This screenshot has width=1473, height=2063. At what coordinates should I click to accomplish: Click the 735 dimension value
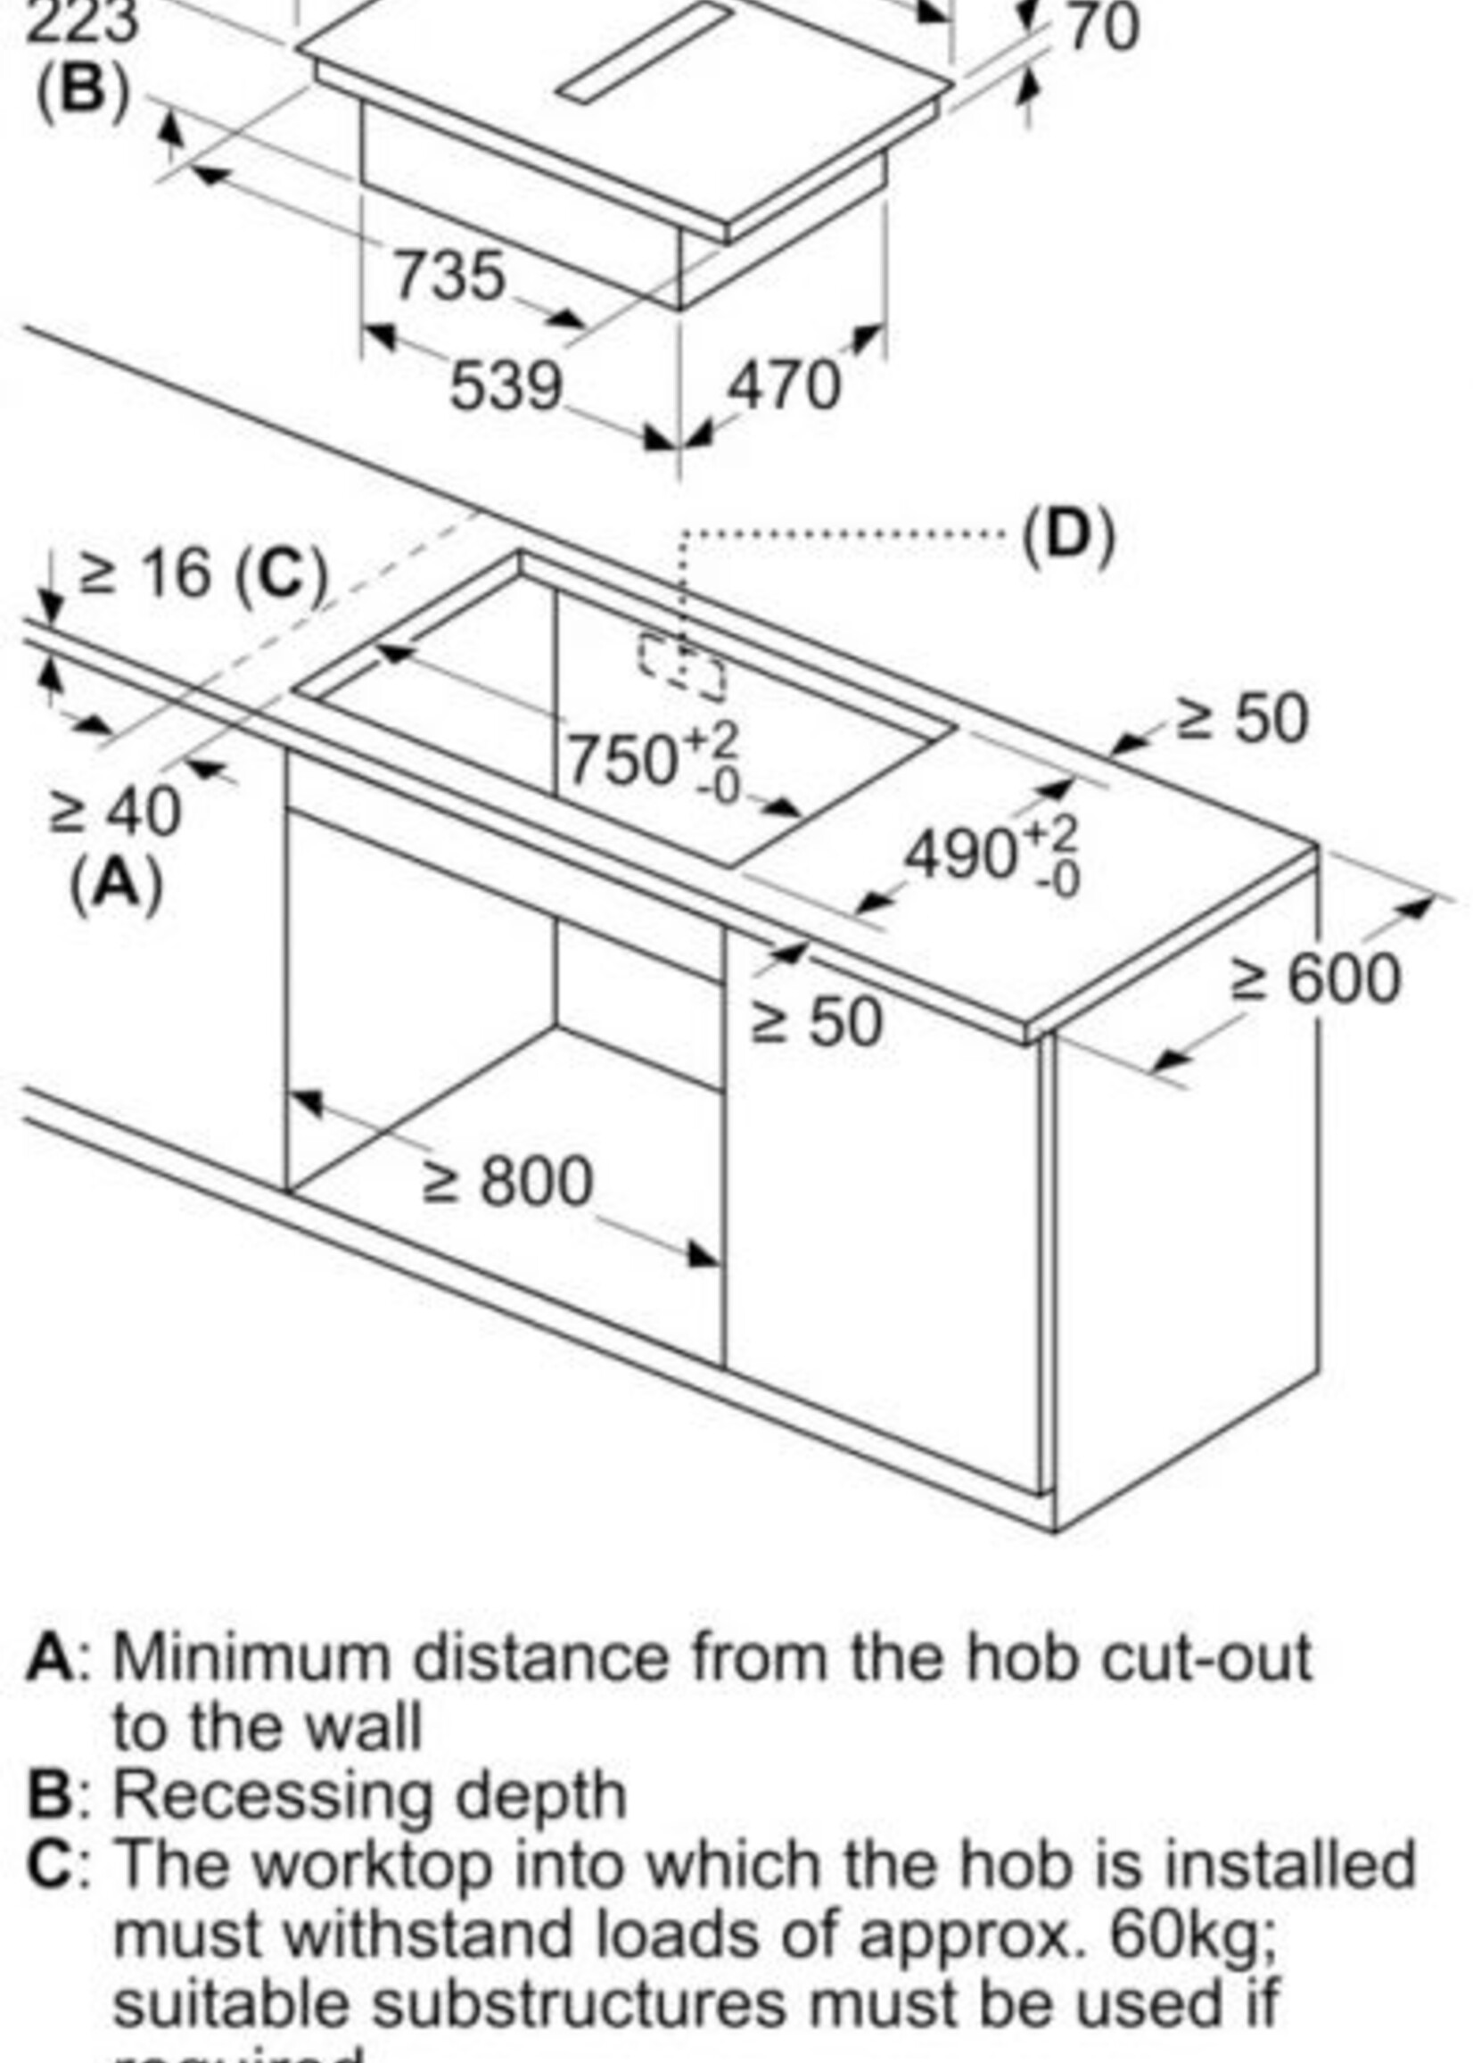click(448, 275)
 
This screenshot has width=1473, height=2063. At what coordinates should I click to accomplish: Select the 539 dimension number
click(506, 386)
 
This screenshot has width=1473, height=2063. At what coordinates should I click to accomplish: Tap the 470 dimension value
click(785, 386)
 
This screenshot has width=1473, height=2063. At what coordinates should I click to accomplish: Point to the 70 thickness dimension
click(1101, 28)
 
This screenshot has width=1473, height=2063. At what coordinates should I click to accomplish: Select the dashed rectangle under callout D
click(682, 668)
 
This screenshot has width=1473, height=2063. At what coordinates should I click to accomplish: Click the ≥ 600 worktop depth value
click(1316, 979)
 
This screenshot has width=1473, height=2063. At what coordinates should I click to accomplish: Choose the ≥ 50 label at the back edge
click(1243, 720)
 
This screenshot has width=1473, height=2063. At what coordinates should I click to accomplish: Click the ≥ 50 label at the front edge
click(817, 1022)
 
